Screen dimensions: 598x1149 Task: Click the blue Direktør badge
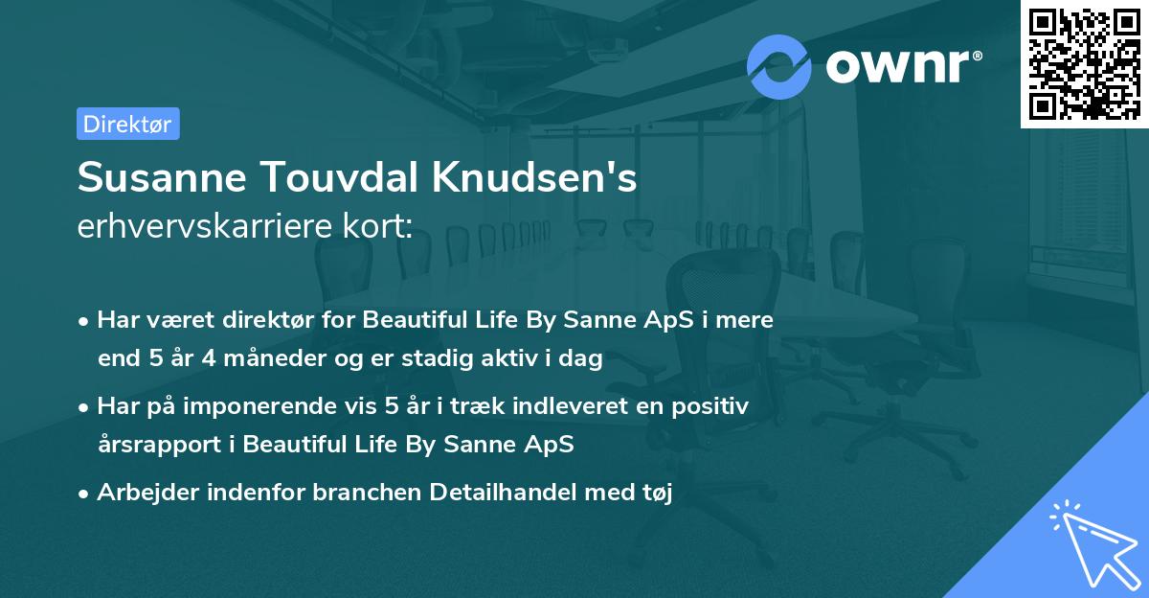click(127, 124)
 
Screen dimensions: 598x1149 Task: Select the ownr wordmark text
click(901, 67)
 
